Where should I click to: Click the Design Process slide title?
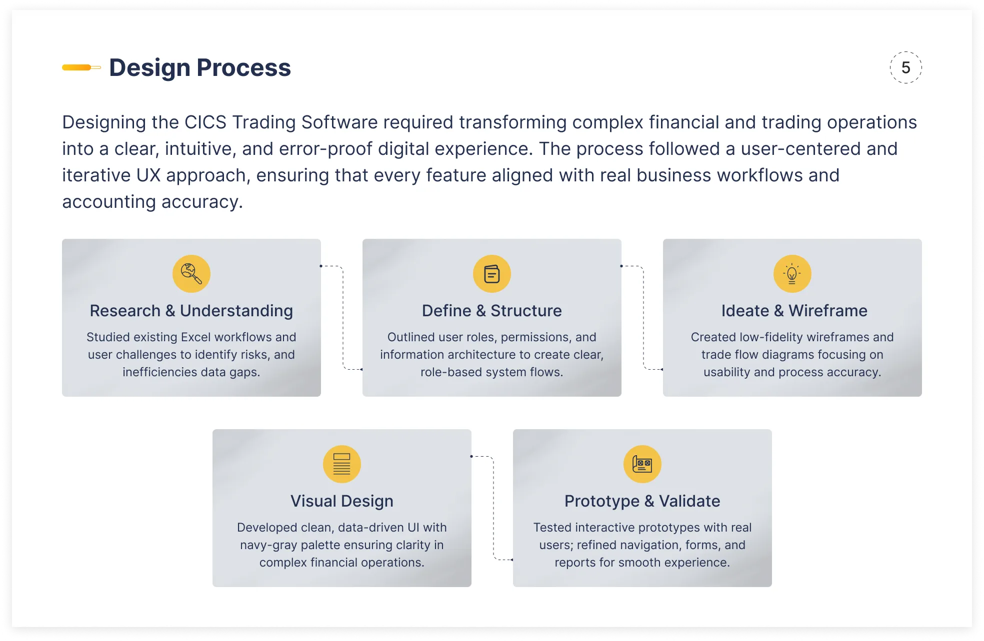[200, 68]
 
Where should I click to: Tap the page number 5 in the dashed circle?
[905, 67]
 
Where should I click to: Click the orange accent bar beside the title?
[81, 67]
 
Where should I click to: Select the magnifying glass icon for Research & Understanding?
[191, 274]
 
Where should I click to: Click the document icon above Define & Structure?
[492, 274]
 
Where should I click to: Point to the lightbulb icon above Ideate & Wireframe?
[792, 274]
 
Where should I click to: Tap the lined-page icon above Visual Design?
[342, 464]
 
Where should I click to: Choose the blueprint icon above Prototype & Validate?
[642, 464]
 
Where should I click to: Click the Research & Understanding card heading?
[191, 311]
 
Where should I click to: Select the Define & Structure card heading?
[492, 311]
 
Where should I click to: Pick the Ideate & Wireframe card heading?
[794, 311]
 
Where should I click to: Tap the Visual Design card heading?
[342, 501]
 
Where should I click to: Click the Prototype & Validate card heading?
[642, 501]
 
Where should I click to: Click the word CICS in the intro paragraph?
[205, 122]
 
